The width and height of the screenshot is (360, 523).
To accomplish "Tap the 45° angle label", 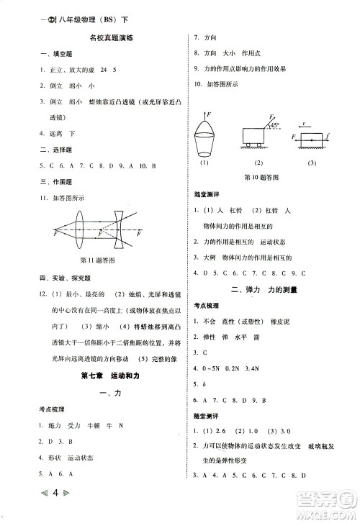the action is pos(275,125).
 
